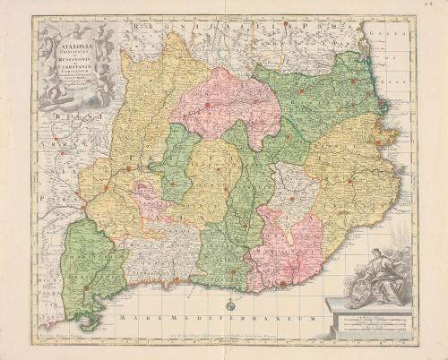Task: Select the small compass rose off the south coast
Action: point(228,305)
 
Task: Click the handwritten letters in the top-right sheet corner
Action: point(435,6)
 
